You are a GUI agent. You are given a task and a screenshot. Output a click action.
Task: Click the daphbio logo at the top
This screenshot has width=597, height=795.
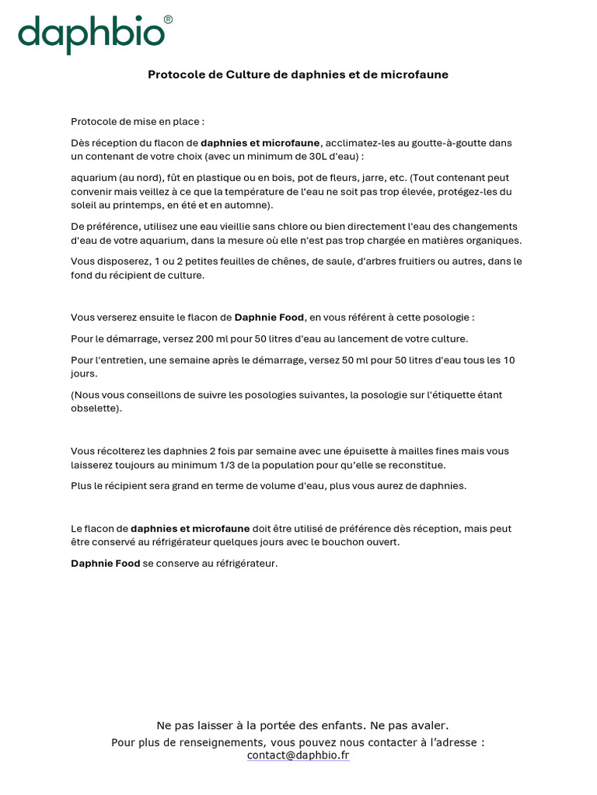92,35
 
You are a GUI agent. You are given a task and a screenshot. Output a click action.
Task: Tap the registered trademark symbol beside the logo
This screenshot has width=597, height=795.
168,19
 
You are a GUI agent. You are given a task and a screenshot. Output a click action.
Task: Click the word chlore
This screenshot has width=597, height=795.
284,227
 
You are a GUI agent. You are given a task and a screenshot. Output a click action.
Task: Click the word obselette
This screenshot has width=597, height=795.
93,408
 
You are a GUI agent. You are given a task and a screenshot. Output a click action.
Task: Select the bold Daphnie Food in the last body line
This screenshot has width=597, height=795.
106,564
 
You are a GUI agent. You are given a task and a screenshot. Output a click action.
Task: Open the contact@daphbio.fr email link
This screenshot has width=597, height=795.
298,755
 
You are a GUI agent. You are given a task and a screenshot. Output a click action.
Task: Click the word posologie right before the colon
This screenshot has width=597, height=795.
444,318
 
